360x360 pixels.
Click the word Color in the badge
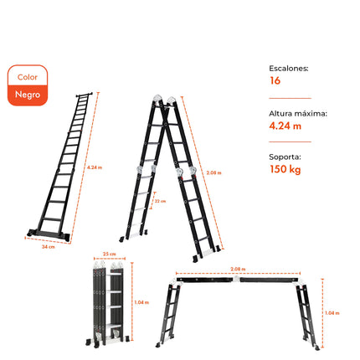[x=27, y=77]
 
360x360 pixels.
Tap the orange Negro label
[x=27, y=94]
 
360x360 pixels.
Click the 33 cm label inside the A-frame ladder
[x=160, y=201]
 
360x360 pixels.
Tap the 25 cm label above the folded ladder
[x=107, y=253]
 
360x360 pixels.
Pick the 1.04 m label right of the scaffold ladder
[x=332, y=312]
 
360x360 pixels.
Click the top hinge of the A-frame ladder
[x=165, y=100]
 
